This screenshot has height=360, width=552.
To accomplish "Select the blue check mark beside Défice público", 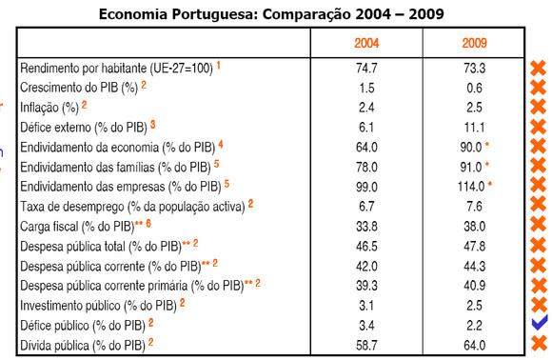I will coord(538,325).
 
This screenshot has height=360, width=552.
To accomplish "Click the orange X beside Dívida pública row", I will coord(538,345).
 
